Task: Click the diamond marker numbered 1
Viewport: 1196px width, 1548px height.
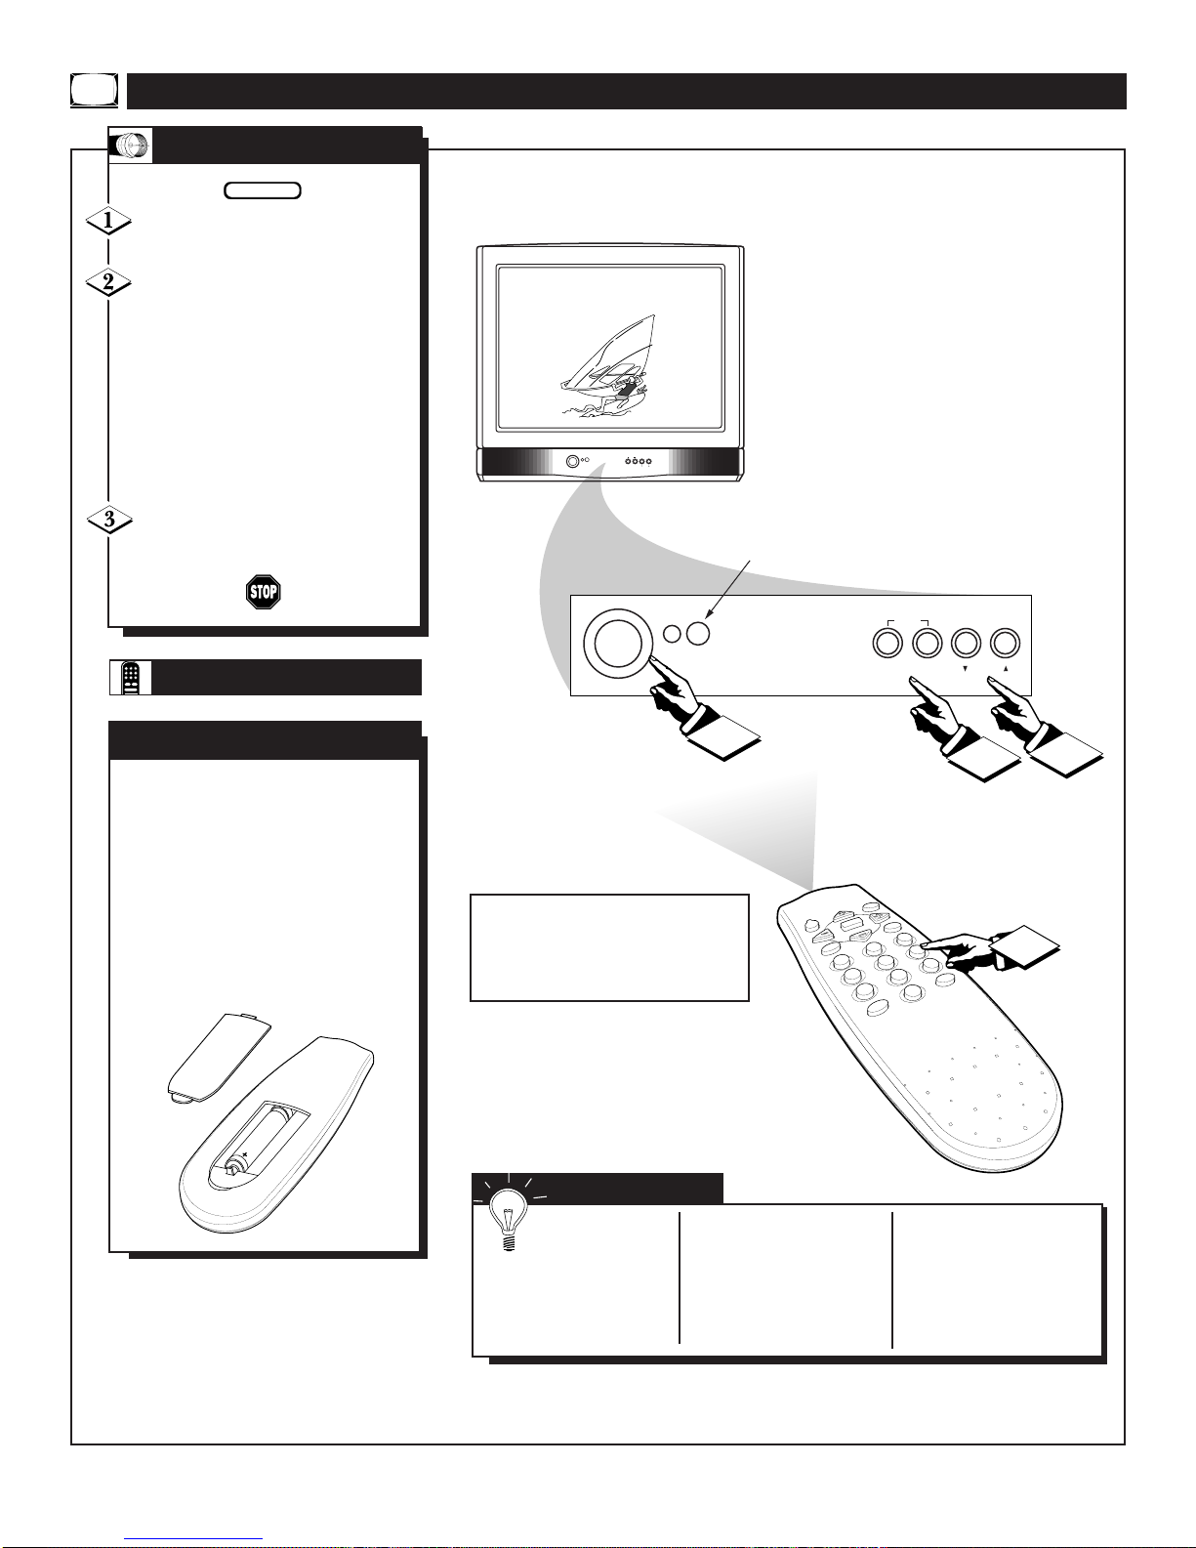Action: (x=108, y=221)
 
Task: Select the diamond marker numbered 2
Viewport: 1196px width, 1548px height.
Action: (x=108, y=283)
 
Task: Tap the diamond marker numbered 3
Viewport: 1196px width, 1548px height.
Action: (x=109, y=520)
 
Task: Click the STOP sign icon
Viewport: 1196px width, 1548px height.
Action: (x=264, y=592)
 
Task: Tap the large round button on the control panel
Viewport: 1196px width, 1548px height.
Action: (x=617, y=643)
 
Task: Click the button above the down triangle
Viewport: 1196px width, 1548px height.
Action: (x=966, y=644)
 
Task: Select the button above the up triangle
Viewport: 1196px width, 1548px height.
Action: (x=1005, y=644)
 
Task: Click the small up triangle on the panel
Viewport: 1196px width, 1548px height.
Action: (x=1006, y=669)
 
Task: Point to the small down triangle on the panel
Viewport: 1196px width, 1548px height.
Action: (x=966, y=669)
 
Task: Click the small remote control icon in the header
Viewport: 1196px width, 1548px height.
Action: (x=131, y=678)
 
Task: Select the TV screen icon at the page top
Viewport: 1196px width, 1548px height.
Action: (x=94, y=91)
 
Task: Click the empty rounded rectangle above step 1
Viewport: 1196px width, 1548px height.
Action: (x=263, y=190)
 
